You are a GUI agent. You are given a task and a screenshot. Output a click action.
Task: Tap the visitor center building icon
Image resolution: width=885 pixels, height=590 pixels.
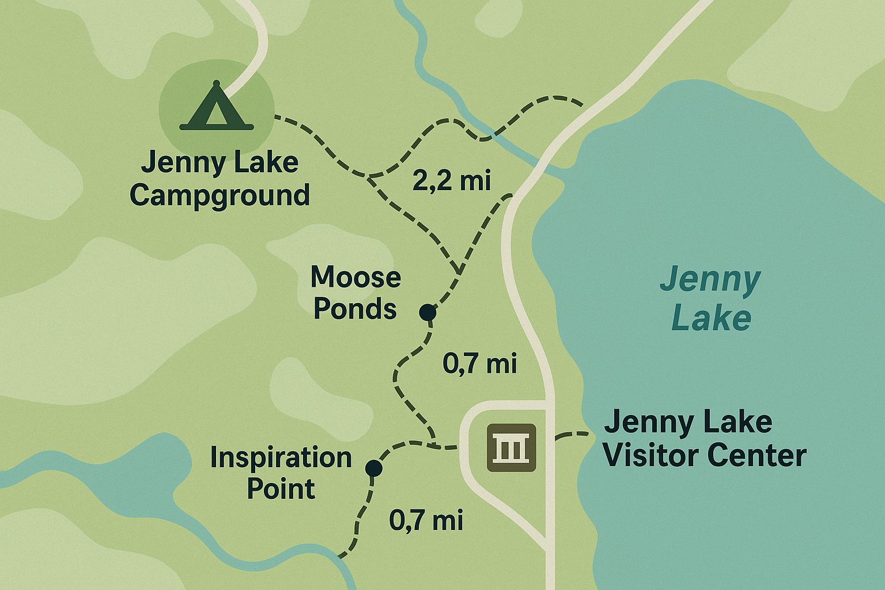pos(512,448)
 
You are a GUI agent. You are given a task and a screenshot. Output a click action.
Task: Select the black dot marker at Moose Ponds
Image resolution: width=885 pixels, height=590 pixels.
pos(428,312)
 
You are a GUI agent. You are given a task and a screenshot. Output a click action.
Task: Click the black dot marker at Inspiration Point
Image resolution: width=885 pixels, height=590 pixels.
pos(373,468)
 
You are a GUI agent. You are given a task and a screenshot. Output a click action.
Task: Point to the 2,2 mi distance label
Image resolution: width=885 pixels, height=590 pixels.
pos(452,180)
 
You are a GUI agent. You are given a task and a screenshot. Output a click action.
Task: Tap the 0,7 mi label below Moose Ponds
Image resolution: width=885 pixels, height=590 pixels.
pos(479,364)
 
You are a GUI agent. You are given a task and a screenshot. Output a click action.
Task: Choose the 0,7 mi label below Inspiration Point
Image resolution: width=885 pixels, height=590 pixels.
pos(426,520)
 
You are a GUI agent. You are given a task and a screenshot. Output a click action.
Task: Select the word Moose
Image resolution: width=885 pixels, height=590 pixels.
pos(355,277)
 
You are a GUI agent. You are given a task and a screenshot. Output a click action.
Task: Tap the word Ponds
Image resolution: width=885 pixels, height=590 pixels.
pos(355,309)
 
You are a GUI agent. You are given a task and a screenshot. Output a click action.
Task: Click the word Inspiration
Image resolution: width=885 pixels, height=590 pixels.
pos(281,458)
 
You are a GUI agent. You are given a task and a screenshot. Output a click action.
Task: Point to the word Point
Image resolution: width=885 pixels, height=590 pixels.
pos(281,490)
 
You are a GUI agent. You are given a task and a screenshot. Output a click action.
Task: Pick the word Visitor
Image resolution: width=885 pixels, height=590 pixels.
pos(646,456)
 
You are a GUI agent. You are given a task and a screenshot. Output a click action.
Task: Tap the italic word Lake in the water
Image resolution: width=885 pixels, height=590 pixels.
pos(712,319)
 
